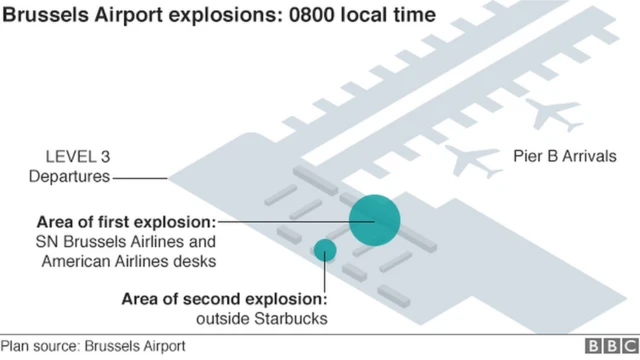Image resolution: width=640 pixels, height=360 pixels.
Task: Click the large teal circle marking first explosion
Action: (375, 219)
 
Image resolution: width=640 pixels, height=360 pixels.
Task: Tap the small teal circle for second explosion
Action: (325, 250)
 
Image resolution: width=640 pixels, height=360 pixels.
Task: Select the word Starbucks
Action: (293, 318)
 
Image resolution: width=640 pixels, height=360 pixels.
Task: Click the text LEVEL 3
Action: (76, 156)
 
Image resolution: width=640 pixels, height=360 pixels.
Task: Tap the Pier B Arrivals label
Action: (565, 156)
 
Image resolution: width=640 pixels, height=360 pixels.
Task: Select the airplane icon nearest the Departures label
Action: (470, 159)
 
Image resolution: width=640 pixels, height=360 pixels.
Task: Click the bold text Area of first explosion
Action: (125, 220)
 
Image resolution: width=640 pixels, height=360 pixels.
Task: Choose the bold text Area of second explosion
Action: (224, 298)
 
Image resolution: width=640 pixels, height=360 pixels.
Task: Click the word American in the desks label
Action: (77, 261)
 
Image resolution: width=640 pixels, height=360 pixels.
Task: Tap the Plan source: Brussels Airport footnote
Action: (94, 346)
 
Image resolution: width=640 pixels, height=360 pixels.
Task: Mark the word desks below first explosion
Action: (196, 261)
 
